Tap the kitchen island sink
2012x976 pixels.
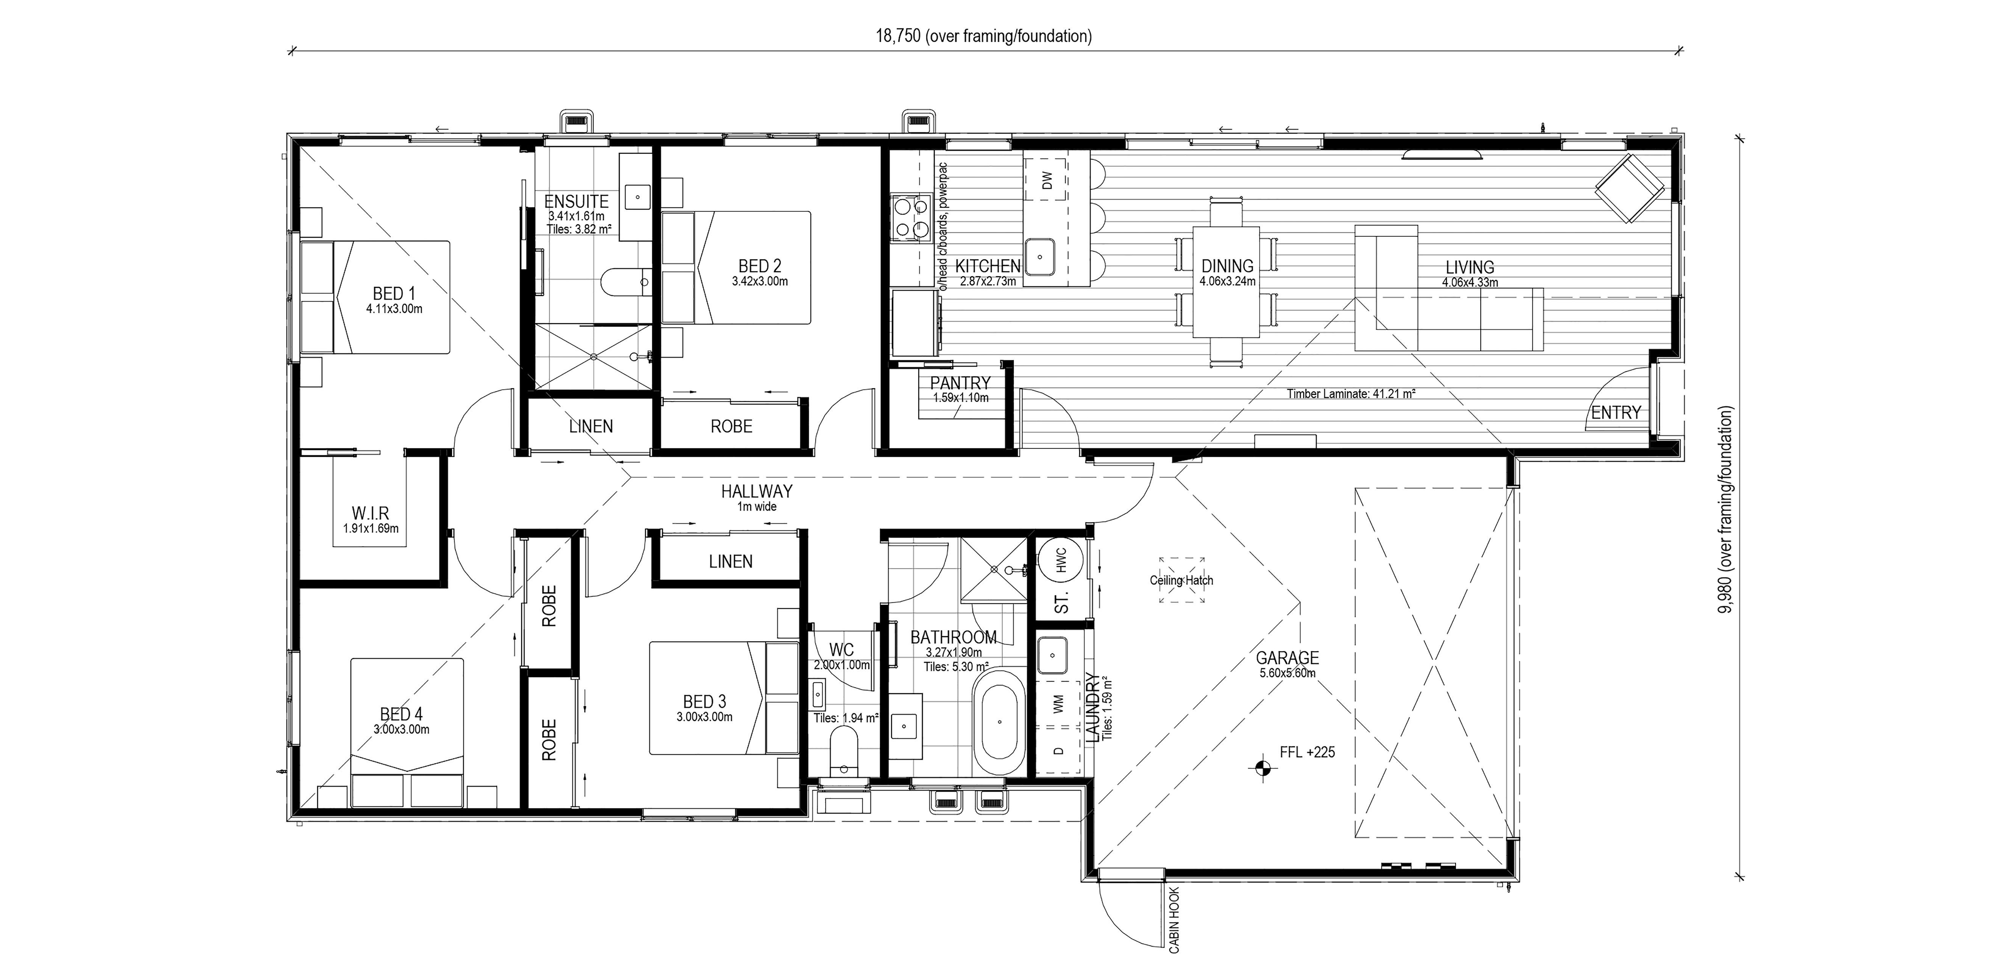[1040, 258]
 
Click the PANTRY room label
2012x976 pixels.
[960, 383]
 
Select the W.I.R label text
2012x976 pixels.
[370, 514]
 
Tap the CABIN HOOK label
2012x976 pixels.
[1174, 920]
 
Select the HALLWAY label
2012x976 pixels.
[756, 491]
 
